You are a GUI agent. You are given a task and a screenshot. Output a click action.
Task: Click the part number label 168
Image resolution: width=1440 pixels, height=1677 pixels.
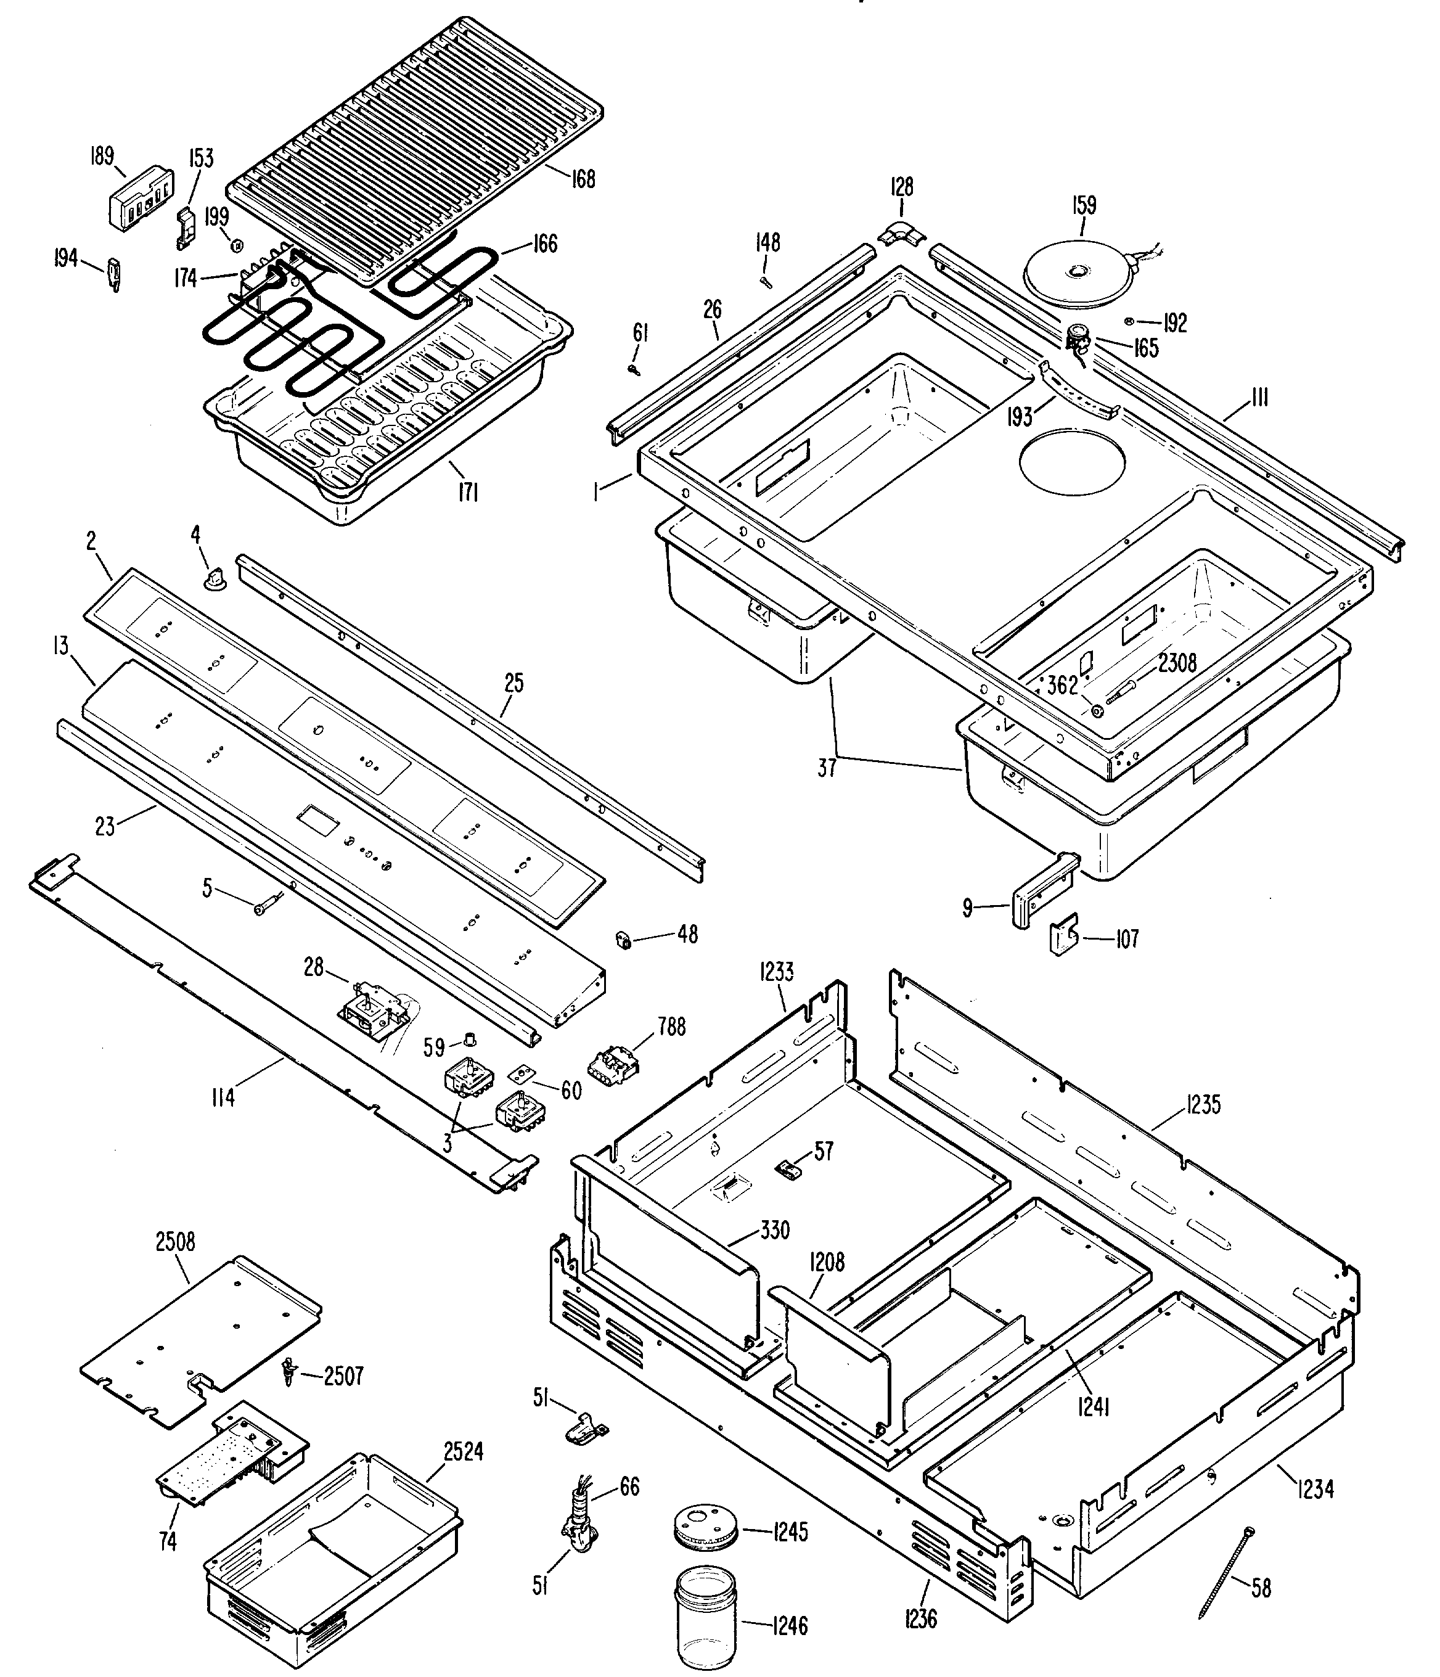pyautogui.click(x=583, y=178)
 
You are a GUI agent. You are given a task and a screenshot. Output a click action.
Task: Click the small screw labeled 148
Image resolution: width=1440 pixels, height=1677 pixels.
pyautogui.click(x=765, y=281)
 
